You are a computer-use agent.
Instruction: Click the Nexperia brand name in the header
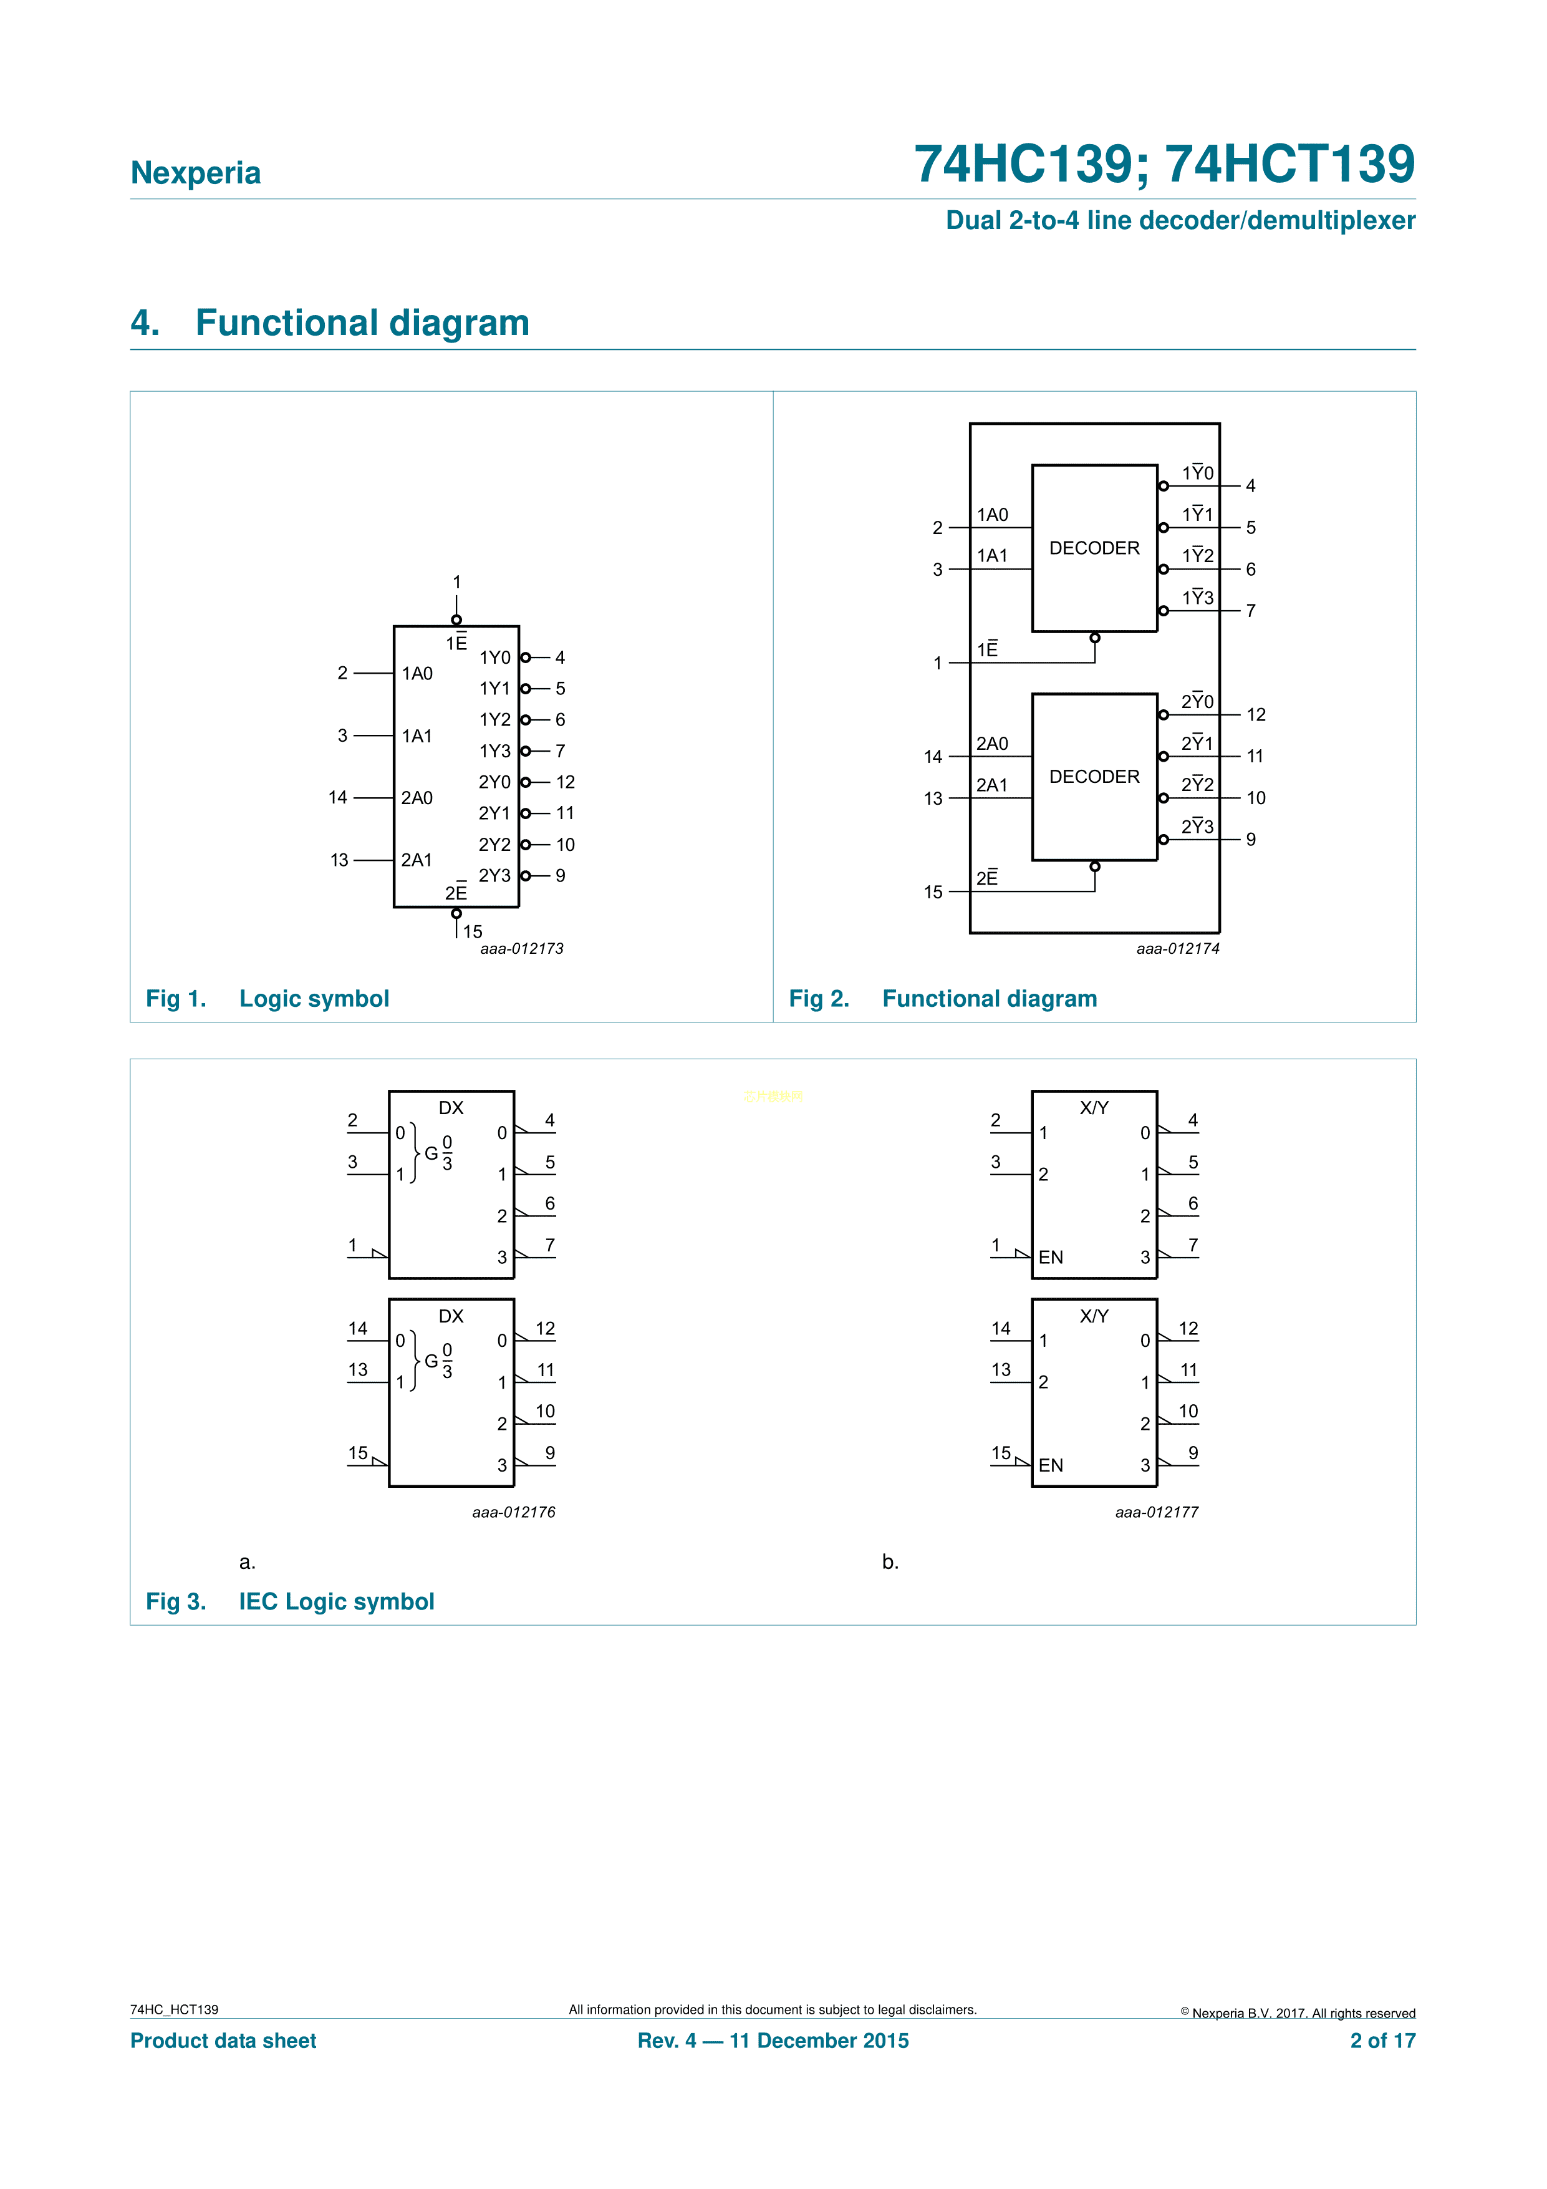(x=195, y=173)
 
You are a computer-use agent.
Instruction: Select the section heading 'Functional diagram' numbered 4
(x=362, y=323)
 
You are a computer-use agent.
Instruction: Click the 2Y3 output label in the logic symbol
(x=494, y=875)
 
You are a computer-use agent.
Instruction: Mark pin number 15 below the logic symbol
(x=473, y=931)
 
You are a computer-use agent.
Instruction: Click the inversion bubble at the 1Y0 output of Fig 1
(x=525, y=658)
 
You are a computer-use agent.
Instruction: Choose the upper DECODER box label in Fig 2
(x=1094, y=548)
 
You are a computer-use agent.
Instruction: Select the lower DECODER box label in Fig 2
(x=1094, y=777)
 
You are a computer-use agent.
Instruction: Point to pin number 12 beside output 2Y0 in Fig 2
(x=1256, y=715)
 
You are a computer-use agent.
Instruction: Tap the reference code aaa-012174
(x=1178, y=949)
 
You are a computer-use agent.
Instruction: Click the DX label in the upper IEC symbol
(x=451, y=1108)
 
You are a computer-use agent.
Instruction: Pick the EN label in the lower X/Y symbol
(x=1051, y=1465)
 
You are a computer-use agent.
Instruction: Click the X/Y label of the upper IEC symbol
(x=1094, y=1108)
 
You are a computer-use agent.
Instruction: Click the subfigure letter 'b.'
(x=890, y=1561)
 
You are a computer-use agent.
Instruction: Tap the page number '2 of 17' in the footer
(x=1383, y=2041)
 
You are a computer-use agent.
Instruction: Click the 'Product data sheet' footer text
(x=223, y=2041)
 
